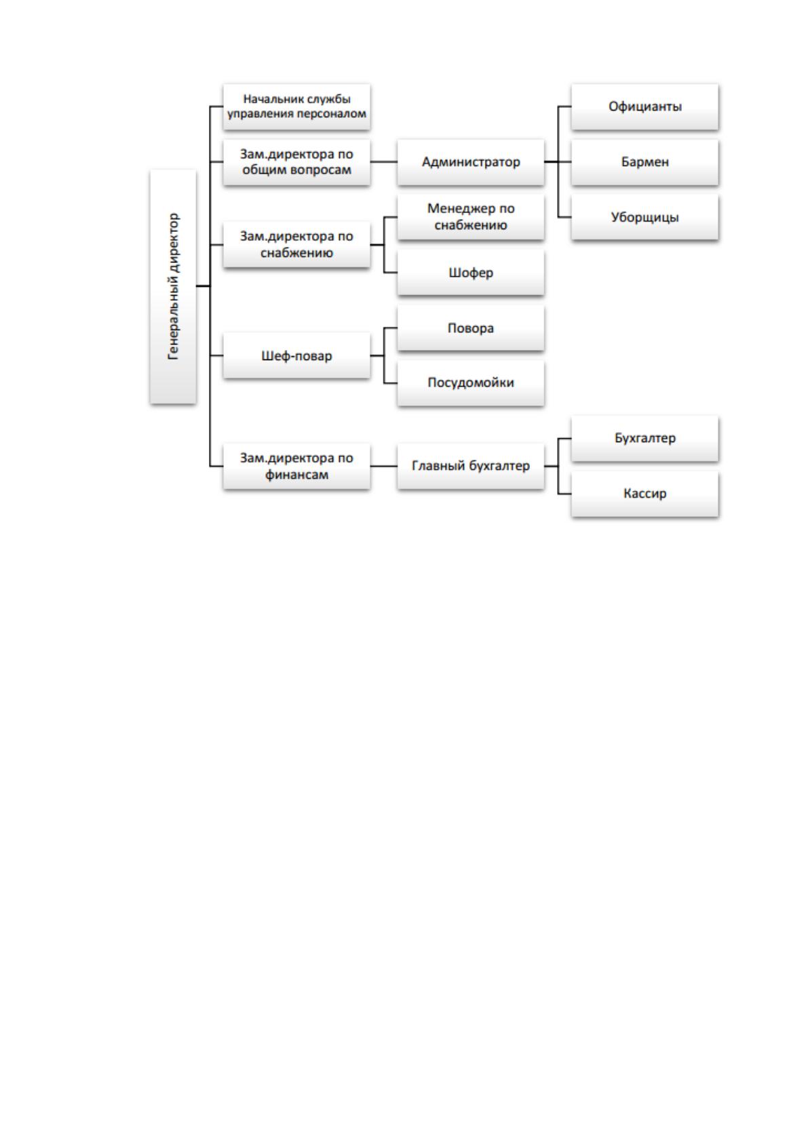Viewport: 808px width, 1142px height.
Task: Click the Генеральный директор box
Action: pos(173,287)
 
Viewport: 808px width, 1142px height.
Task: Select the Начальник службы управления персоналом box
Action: pos(296,106)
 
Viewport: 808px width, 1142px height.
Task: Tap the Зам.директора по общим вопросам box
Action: pos(296,162)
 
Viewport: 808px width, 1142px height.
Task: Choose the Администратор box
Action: pos(470,162)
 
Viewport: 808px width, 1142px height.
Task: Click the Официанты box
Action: pos(645,106)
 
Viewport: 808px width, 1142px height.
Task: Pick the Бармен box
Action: pos(645,162)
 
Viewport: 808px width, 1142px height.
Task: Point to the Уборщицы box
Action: pos(645,217)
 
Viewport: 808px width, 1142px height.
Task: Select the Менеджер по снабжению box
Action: pos(470,217)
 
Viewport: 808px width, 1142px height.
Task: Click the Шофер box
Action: pos(470,273)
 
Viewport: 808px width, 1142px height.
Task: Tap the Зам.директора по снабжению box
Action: pos(296,245)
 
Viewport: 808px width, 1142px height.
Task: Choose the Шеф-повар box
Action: pos(296,355)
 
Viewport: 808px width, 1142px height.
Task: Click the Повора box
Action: pos(470,328)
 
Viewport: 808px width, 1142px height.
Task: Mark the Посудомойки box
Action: pos(470,383)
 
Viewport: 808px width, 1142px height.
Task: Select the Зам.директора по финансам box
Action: pos(296,467)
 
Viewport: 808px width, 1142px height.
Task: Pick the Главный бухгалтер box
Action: pos(470,467)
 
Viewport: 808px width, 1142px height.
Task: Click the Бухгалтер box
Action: pos(645,439)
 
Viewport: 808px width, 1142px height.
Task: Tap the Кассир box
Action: pos(645,494)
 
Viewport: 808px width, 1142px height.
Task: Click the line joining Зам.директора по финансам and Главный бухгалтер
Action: pos(383,467)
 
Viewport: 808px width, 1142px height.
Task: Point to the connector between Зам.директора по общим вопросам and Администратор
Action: pos(383,162)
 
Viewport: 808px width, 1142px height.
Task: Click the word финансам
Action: pos(296,475)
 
